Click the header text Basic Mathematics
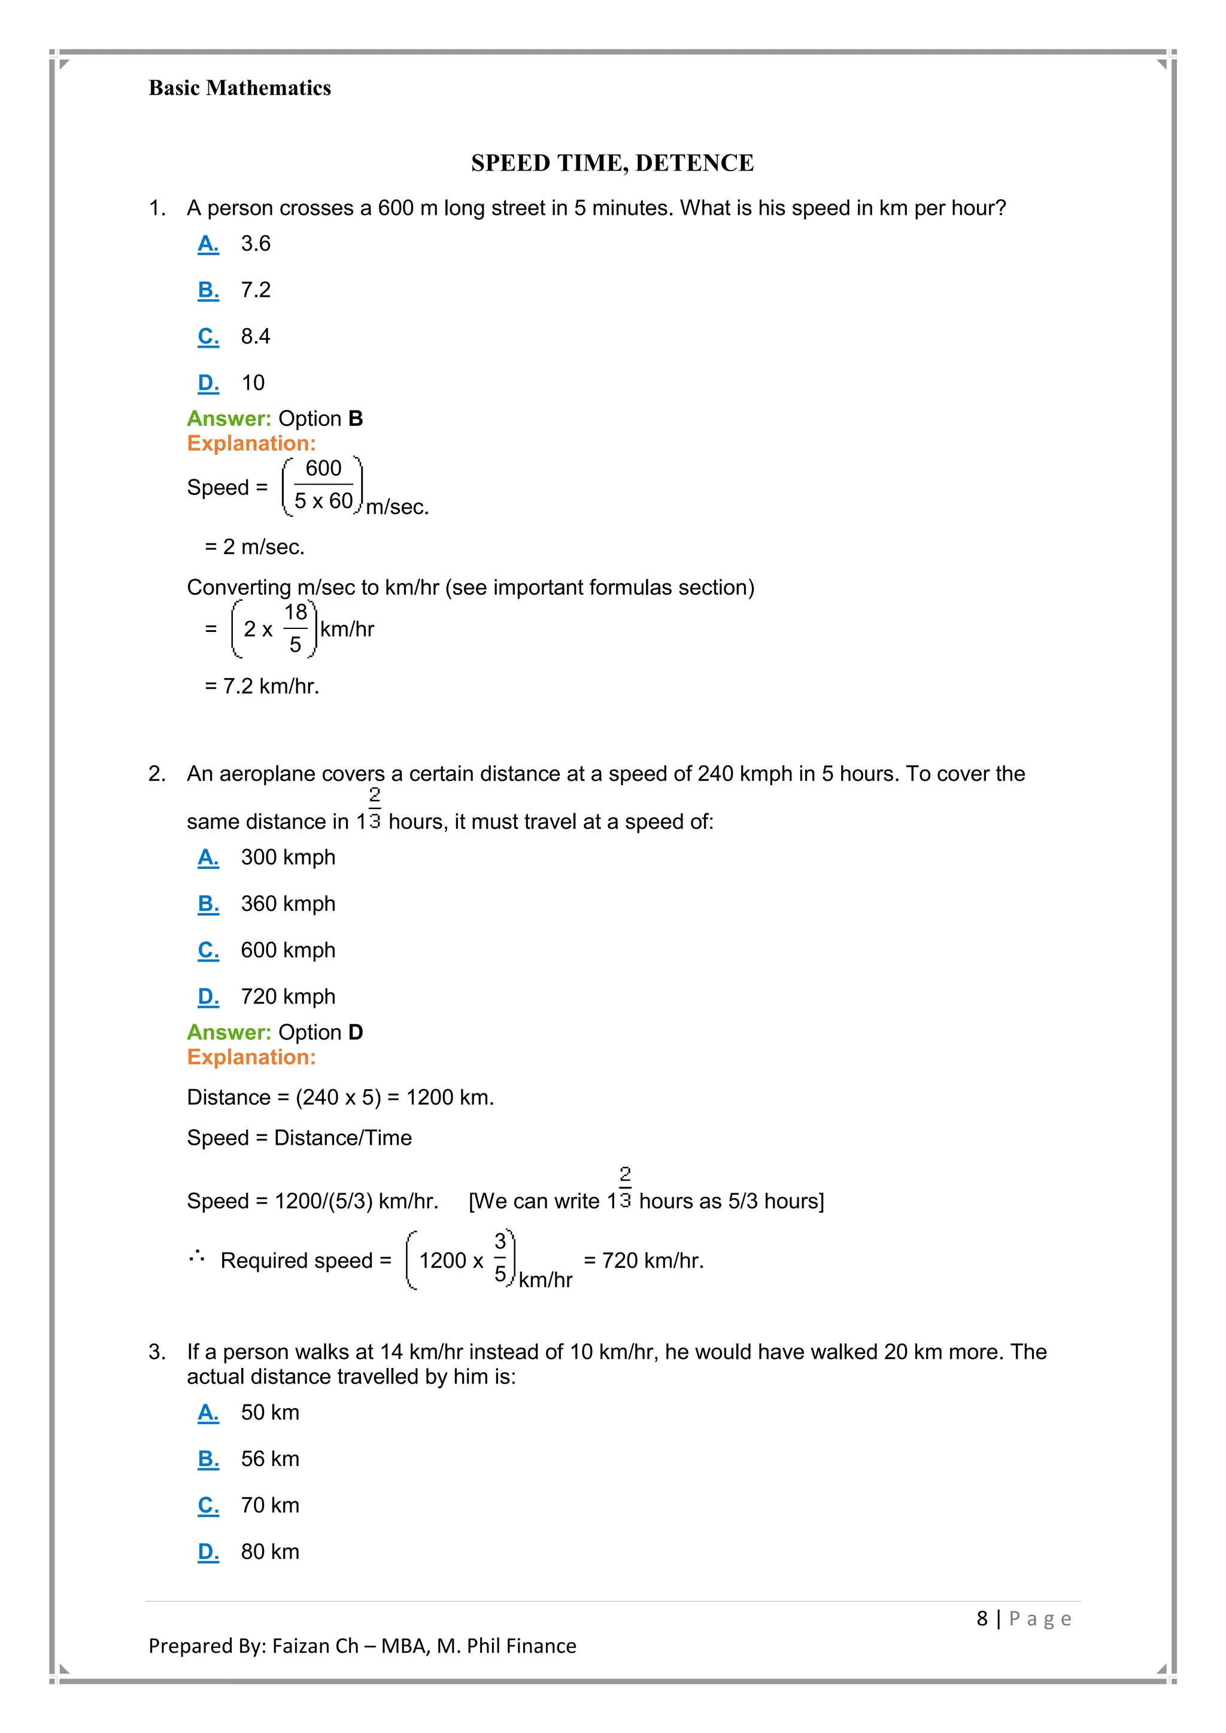coord(239,89)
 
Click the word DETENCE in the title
coord(694,163)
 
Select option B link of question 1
coord(208,291)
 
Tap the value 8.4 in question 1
coord(255,337)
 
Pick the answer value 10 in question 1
coord(253,384)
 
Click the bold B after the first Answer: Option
coord(356,419)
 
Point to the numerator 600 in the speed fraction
coord(323,469)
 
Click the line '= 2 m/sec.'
coord(254,547)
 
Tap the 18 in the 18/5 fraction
coord(295,612)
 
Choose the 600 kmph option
coord(287,950)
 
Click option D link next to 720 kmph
coord(208,997)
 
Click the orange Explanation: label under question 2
coord(251,1057)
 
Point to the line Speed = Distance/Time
coord(299,1138)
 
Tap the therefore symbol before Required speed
coord(196,1257)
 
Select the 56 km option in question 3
coord(269,1459)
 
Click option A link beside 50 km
coord(208,1413)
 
